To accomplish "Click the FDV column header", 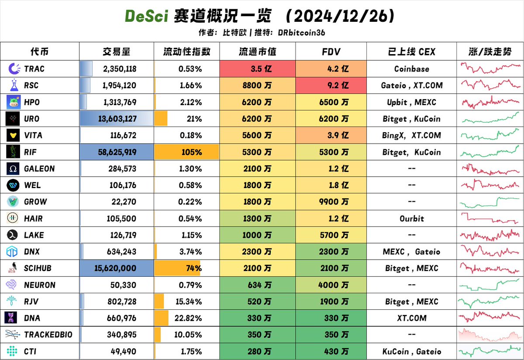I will tap(331, 51).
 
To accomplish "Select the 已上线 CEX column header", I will tap(411, 51).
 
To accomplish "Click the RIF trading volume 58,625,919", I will tap(116, 152).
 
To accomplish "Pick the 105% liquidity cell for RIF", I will tap(187, 152).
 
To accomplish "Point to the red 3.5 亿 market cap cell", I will tap(258, 69).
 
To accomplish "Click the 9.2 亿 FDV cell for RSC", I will tap(331, 85).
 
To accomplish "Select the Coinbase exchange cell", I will tap(411, 69).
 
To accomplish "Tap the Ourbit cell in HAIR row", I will tap(411, 218).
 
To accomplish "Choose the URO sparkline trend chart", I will tap(490, 118).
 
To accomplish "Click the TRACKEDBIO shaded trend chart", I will tap(490, 335).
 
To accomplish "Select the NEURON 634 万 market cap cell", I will tap(258, 285).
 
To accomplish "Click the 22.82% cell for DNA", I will tap(187, 318).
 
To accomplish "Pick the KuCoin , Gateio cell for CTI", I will tap(411, 351).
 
